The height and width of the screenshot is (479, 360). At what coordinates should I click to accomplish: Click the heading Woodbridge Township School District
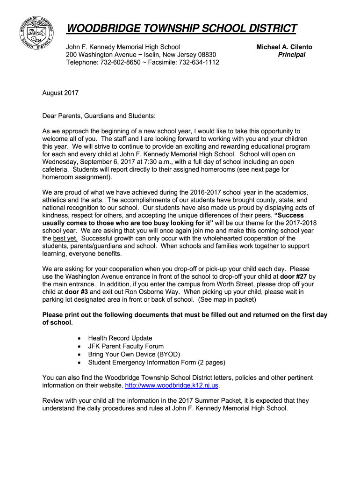pyautogui.click(x=181, y=29)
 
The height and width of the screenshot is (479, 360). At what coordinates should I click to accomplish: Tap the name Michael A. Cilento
pyautogui.click(x=284, y=47)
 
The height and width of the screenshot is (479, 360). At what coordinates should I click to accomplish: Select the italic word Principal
pyautogui.click(x=291, y=55)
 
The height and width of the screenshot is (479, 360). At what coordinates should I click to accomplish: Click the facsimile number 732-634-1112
pyautogui.click(x=199, y=62)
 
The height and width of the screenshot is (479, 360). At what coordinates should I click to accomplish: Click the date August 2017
pyautogui.click(x=60, y=93)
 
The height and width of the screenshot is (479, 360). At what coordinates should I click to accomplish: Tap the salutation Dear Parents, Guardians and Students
pyautogui.click(x=99, y=116)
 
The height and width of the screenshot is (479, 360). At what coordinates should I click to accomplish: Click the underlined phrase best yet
pyautogui.click(x=65, y=238)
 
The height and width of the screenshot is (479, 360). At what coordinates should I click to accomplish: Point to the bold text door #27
pyautogui.click(x=294, y=276)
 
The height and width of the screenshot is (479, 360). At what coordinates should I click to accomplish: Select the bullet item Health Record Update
pyautogui.click(x=120, y=338)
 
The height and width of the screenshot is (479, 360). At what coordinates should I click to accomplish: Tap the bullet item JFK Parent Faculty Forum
pyautogui.click(x=126, y=346)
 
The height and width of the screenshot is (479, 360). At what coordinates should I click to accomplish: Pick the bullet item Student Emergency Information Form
pyautogui.click(x=156, y=362)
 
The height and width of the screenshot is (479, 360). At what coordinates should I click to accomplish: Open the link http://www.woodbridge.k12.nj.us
pyautogui.click(x=171, y=385)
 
